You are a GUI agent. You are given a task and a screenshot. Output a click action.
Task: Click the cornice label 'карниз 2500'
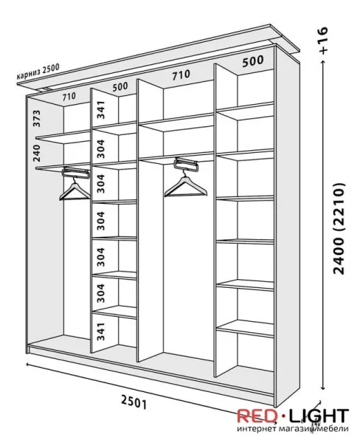38,72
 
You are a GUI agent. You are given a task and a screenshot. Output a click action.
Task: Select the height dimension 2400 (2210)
339,229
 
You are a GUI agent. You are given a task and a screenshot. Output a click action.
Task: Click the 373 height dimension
37,118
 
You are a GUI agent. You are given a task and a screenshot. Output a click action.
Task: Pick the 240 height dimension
37,153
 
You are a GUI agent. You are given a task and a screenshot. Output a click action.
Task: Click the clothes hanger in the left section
75,190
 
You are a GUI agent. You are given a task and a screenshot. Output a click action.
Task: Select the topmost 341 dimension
100,109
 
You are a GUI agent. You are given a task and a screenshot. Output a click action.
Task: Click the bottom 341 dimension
100,332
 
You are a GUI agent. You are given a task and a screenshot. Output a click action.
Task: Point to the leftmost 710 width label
69,96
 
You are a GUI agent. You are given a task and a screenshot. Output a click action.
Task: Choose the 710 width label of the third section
181,75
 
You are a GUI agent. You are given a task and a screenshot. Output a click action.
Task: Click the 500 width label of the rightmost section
253,61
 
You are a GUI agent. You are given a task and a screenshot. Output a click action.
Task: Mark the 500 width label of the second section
120,86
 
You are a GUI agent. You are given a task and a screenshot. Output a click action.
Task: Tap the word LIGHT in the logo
319,416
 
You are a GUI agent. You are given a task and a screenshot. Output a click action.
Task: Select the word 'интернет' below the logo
256,429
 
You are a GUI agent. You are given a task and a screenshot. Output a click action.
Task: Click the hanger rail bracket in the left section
76,172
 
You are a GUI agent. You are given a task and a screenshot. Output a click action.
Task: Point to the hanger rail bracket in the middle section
187,165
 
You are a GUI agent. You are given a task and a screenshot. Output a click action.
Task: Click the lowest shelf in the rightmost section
245,329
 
